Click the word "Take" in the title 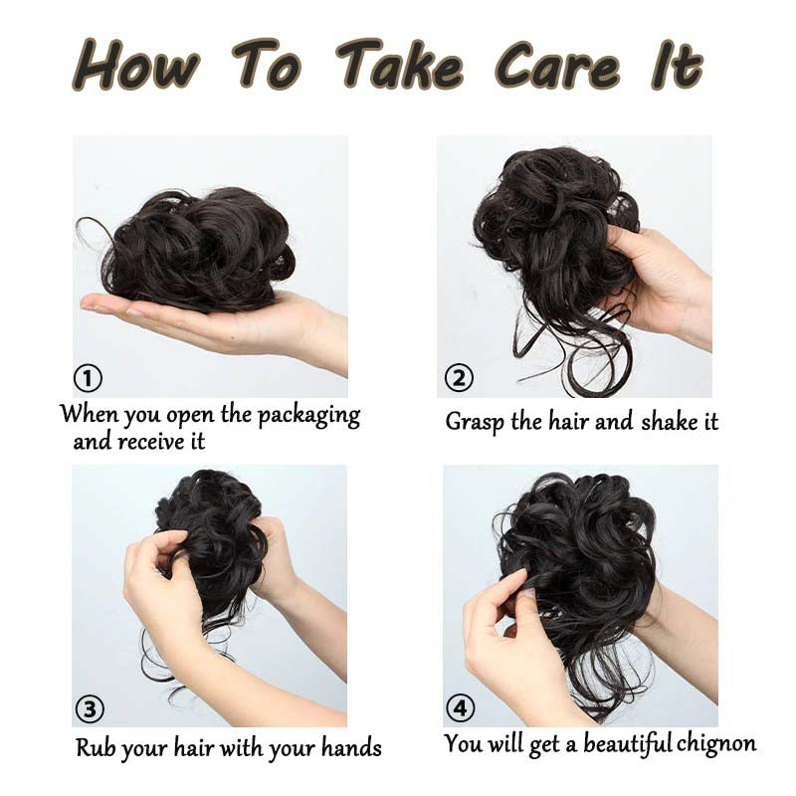(400, 67)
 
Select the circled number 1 (89, 378)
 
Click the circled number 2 (459, 378)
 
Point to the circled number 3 (90, 708)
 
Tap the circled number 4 (460, 708)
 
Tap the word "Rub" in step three (96, 747)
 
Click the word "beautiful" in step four (628, 743)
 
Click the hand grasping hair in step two (657, 279)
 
